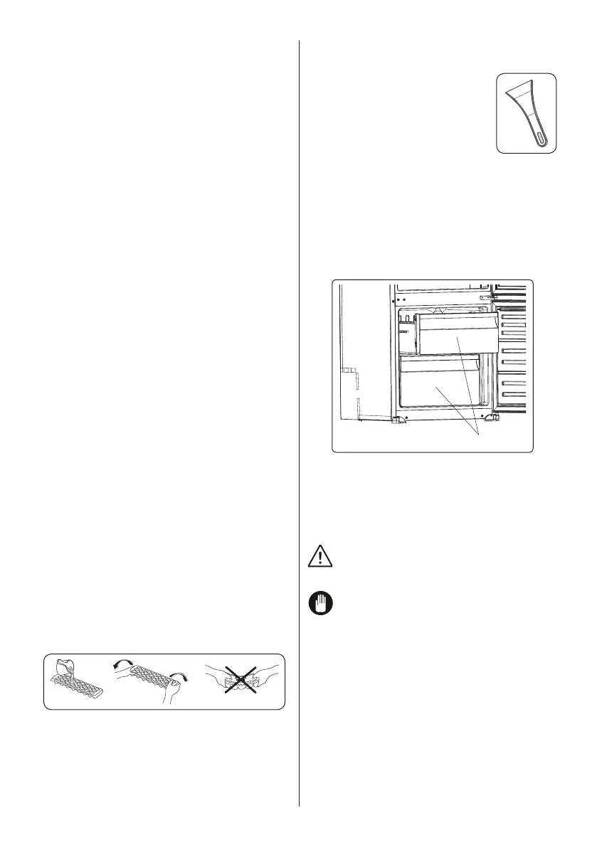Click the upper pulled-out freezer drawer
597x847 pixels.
click(455, 335)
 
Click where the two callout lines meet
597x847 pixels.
click(478, 434)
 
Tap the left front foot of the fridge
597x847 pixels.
click(400, 420)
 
